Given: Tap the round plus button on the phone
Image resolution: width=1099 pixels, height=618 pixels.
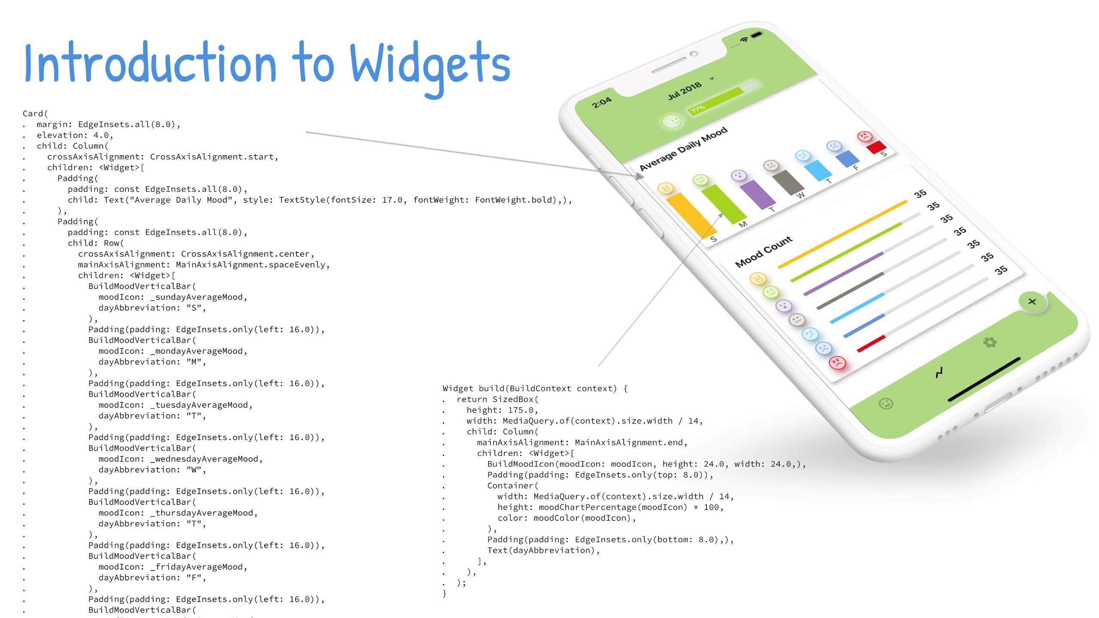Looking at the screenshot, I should [x=1032, y=302].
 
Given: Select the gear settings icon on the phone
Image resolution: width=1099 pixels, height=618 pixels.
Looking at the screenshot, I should [x=990, y=342].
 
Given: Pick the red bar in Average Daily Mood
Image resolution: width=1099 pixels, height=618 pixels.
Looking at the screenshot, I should [x=876, y=147].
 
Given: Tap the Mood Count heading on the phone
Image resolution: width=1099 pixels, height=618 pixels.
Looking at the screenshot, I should [x=763, y=251].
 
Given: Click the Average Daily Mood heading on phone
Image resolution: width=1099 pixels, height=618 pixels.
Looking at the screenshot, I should [x=683, y=148].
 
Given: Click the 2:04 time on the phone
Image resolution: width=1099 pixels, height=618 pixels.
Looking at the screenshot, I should [x=601, y=103].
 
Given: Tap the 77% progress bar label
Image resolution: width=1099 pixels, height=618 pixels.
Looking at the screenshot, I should [x=698, y=109].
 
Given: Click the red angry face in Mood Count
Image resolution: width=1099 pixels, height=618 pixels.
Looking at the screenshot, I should [x=837, y=363].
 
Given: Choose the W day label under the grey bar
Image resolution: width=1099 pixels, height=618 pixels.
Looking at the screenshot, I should [x=800, y=195].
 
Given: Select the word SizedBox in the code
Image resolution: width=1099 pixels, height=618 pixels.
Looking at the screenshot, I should [x=513, y=400].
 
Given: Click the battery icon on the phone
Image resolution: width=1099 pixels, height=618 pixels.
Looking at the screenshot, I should [x=756, y=34].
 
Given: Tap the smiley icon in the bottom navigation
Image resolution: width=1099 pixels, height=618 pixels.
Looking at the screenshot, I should [x=886, y=403].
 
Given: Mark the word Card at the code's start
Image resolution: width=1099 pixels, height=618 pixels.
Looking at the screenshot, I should [x=33, y=114].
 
